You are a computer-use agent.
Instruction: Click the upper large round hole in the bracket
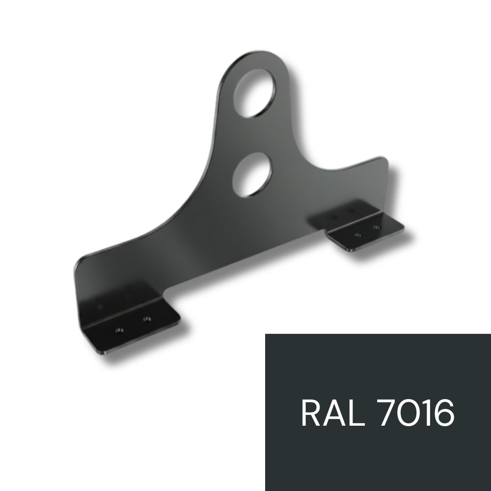click(x=255, y=93)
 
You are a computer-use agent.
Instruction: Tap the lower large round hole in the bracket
click(x=252, y=175)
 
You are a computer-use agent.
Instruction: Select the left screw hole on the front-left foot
click(x=119, y=330)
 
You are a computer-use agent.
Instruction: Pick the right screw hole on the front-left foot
click(x=146, y=320)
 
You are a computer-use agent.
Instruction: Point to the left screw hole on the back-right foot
click(x=357, y=235)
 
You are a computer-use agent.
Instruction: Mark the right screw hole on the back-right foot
click(x=377, y=227)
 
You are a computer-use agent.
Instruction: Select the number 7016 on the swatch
click(x=417, y=412)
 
